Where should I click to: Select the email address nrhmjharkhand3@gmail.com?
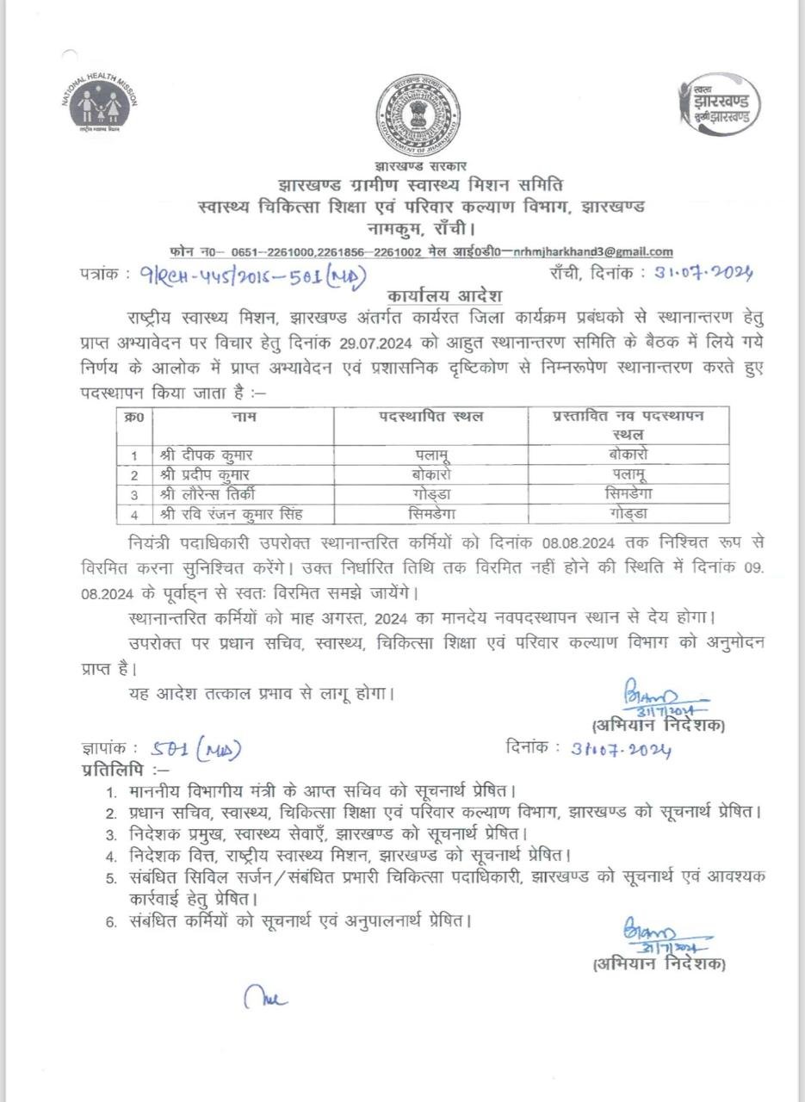[x=593, y=251]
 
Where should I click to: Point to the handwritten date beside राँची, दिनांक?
[x=703, y=273]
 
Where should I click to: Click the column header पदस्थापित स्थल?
[x=431, y=417]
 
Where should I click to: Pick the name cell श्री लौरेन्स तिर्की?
[x=207, y=494]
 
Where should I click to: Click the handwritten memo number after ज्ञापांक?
[x=195, y=750]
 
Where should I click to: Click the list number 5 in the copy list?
[x=111, y=878]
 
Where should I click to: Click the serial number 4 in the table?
[x=134, y=515]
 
